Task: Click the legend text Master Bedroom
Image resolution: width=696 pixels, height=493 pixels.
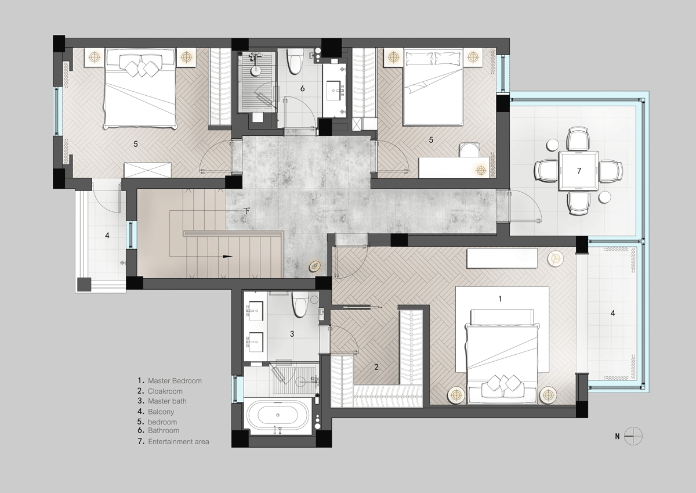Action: (x=175, y=381)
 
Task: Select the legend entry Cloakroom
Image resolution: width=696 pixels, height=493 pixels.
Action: (x=165, y=391)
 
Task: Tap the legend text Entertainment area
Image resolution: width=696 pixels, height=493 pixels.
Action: (x=179, y=442)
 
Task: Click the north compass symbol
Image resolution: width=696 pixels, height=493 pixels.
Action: (x=633, y=437)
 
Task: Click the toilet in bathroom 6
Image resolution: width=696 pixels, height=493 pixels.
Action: (x=294, y=62)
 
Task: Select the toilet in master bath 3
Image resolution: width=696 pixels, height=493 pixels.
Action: (x=300, y=304)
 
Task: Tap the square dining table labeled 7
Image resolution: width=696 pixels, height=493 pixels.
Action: (x=579, y=171)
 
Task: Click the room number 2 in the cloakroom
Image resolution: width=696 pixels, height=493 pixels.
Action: (x=376, y=367)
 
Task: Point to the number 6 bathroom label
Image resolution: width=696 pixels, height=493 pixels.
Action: (x=302, y=89)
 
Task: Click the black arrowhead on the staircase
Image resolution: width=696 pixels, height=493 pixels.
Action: (x=227, y=257)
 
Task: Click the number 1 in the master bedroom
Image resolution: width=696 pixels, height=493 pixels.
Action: (x=500, y=299)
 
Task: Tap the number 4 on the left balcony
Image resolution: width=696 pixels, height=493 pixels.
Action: (x=107, y=235)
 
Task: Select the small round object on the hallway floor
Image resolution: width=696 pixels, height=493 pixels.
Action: (x=314, y=267)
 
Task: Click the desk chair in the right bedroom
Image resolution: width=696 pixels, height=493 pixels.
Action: (x=469, y=150)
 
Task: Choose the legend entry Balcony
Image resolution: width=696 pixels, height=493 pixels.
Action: (x=161, y=412)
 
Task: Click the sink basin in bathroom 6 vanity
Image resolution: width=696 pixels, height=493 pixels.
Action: (x=335, y=91)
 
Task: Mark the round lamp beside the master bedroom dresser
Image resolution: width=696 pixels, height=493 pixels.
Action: (x=555, y=258)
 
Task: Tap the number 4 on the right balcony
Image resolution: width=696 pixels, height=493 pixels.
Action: (x=612, y=313)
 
